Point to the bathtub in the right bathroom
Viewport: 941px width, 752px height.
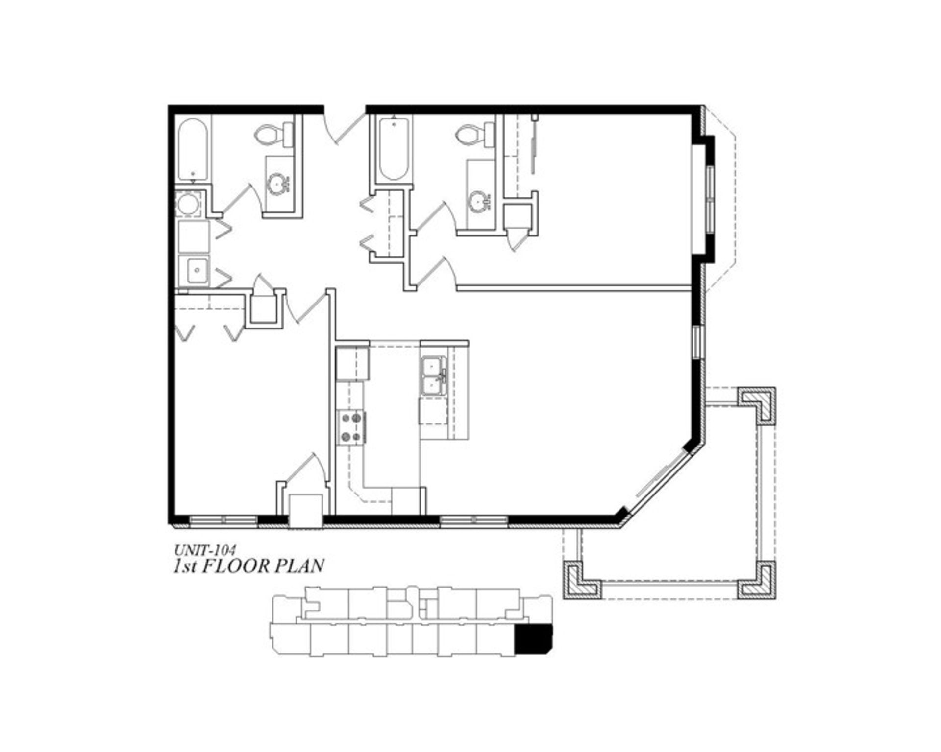pyautogui.click(x=394, y=148)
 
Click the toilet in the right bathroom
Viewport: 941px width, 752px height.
pyautogui.click(x=474, y=133)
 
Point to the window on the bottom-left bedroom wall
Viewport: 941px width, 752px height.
pyautogui.click(x=223, y=520)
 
